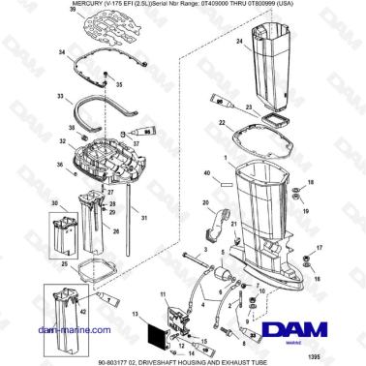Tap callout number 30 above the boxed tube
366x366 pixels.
(55, 202)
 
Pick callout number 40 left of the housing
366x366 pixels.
(205, 175)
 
